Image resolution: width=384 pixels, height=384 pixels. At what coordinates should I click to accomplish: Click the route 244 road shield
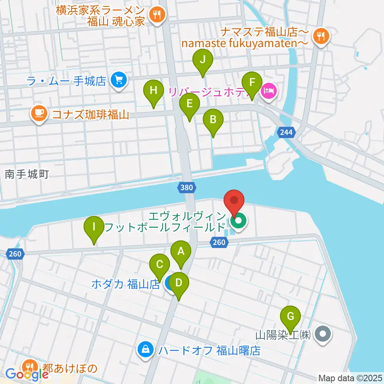click(286, 132)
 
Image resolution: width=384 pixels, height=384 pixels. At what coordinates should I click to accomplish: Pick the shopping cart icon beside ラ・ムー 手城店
click(118, 80)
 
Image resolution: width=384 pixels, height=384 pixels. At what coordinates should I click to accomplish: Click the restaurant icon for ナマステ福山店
click(321, 36)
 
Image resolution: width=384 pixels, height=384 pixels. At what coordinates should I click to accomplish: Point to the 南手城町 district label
click(27, 174)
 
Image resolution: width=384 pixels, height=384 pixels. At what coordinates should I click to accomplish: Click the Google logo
click(24, 375)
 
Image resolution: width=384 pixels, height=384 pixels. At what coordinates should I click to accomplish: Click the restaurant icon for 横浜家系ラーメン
click(156, 15)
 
